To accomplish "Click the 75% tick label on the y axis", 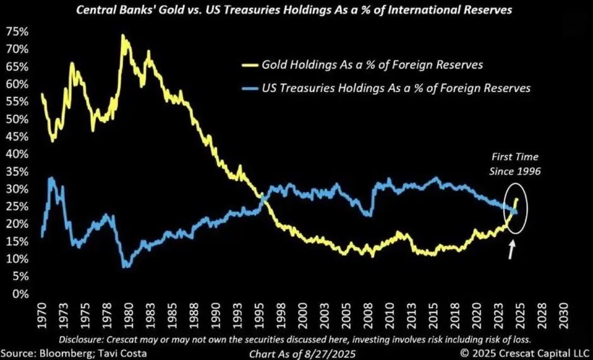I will (x=18, y=32).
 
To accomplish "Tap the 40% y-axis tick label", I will (x=18, y=154).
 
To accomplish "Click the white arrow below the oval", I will (x=512, y=250).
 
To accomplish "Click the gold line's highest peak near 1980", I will (x=122, y=37).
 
